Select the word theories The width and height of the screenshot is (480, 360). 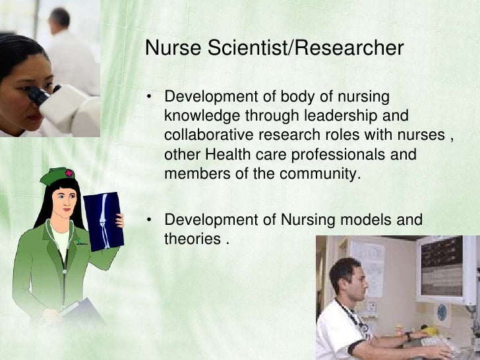pos(191,238)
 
